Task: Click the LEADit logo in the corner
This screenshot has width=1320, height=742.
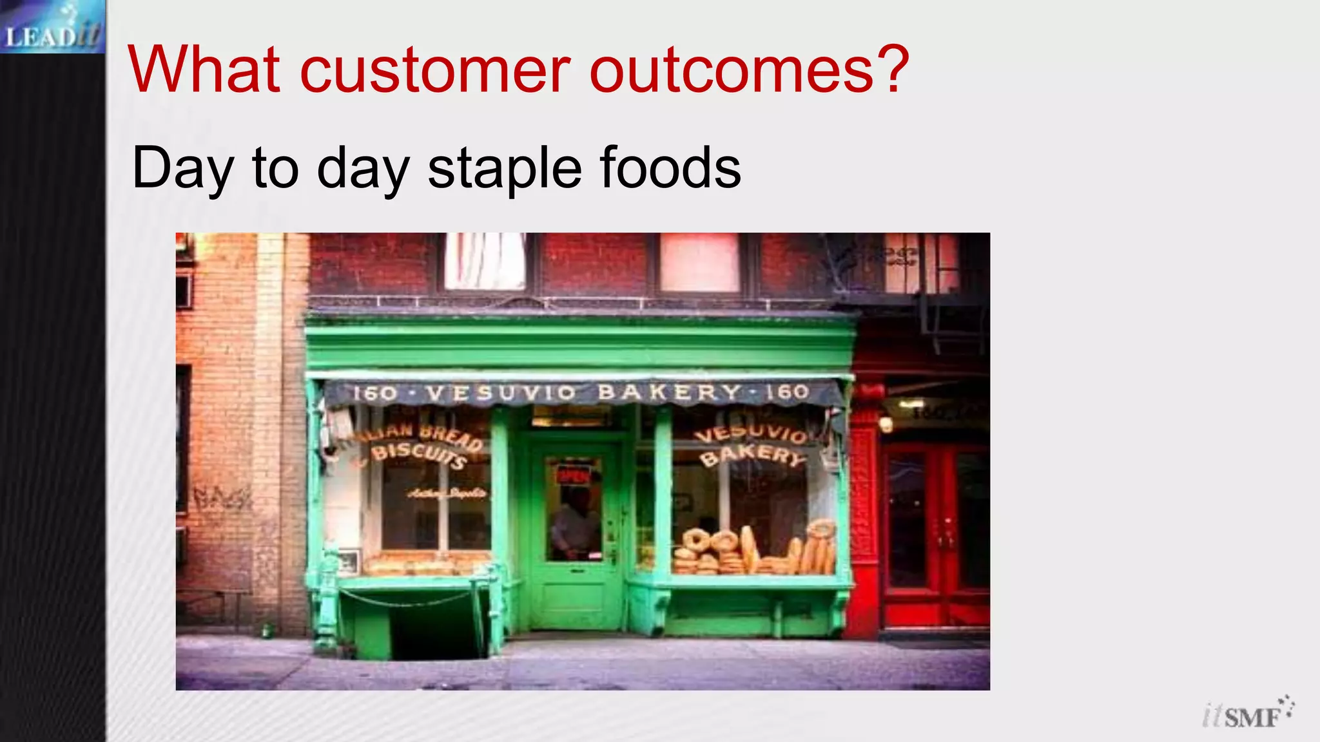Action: pos(52,27)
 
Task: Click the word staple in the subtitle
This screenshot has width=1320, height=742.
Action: pos(505,169)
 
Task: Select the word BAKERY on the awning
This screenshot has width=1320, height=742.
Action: pos(670,392)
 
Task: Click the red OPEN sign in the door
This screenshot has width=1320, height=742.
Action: pos(573,475)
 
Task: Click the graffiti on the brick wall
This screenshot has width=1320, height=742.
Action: pos(222,497)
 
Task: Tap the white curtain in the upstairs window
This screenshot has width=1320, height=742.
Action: pos(485,260)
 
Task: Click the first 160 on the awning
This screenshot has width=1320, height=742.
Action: pos(374,392)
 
